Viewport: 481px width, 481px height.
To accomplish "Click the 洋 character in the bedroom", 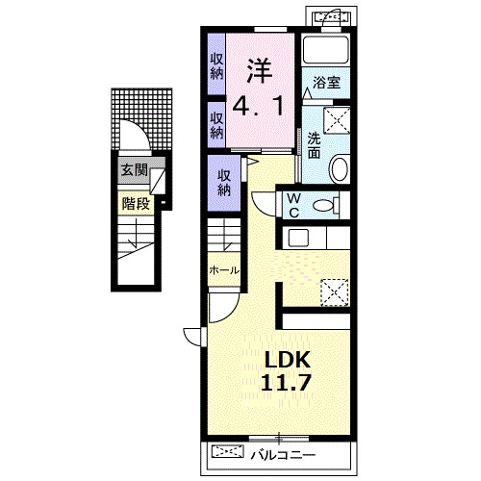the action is pyautogui.click(x=260, y=71).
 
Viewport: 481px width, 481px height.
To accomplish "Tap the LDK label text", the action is pyautogui.click(x=287, y=360).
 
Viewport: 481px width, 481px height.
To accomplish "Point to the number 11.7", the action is pyautogui.click(x=286, y=382).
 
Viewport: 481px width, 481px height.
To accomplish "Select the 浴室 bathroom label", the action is pyautogui.click(x=326, y=83).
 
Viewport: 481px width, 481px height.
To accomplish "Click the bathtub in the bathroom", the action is pyautogui.click(x=326, y=50).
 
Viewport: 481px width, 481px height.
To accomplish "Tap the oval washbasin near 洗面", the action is pyautogui.click(x=339, y=168).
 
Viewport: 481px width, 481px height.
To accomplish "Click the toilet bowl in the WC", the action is pyautogui.click(x=323, y=205).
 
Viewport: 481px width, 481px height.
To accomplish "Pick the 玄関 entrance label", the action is pyautogui.click(x=134, y=170).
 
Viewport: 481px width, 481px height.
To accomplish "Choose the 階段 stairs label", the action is pyautogui.click(x=136, y=204).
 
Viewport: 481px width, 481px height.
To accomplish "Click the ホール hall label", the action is pyautogui.click(x=224, y=270).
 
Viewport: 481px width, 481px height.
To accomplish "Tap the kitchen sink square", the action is pyautogui.click(x=298, y=238).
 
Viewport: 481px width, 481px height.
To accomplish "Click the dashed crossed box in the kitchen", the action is pyautogui.click(x=335, y=292).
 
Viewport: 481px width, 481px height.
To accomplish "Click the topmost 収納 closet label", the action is pyautogui.click(x=216, y=66).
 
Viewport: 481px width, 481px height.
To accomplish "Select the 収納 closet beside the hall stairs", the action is pyautogui.click(x=224, y=183).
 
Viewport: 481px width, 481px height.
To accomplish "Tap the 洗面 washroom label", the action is pyautogui.click(x=314, y=146).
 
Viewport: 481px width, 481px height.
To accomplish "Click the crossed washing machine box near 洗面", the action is pyautogui.click(x=337, y=120).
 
